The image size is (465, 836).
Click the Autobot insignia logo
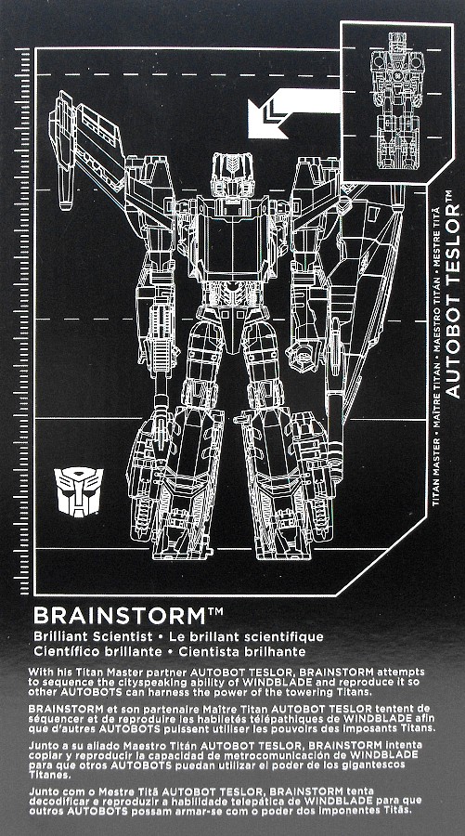78,492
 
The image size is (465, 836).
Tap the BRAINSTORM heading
120,617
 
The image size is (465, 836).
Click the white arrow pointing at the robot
293,112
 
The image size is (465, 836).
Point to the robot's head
232,175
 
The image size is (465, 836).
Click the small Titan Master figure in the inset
397,100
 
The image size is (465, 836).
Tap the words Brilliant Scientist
89,636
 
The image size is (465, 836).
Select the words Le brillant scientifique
246,636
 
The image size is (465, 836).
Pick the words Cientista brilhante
242,651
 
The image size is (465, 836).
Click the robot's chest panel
232,239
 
